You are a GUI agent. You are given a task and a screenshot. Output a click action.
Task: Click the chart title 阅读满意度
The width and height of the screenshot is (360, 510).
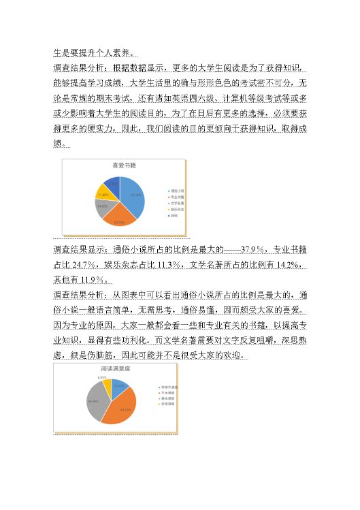111,368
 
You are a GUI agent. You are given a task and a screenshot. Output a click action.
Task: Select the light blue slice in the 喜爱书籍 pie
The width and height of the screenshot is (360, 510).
133,194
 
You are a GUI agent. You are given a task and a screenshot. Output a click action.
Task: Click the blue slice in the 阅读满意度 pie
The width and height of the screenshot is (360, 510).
118,386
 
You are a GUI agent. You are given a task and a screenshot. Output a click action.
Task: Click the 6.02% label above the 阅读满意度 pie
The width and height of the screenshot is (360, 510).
102,377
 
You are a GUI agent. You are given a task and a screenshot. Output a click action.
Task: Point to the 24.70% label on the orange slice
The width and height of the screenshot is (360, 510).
119,223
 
